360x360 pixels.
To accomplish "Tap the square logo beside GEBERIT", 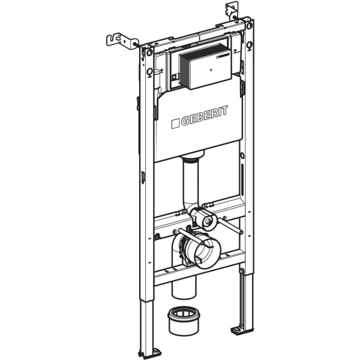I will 176,124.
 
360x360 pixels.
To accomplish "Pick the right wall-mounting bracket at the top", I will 233,10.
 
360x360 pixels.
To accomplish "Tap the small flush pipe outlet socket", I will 208,221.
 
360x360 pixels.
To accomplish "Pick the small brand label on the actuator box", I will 223,55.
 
